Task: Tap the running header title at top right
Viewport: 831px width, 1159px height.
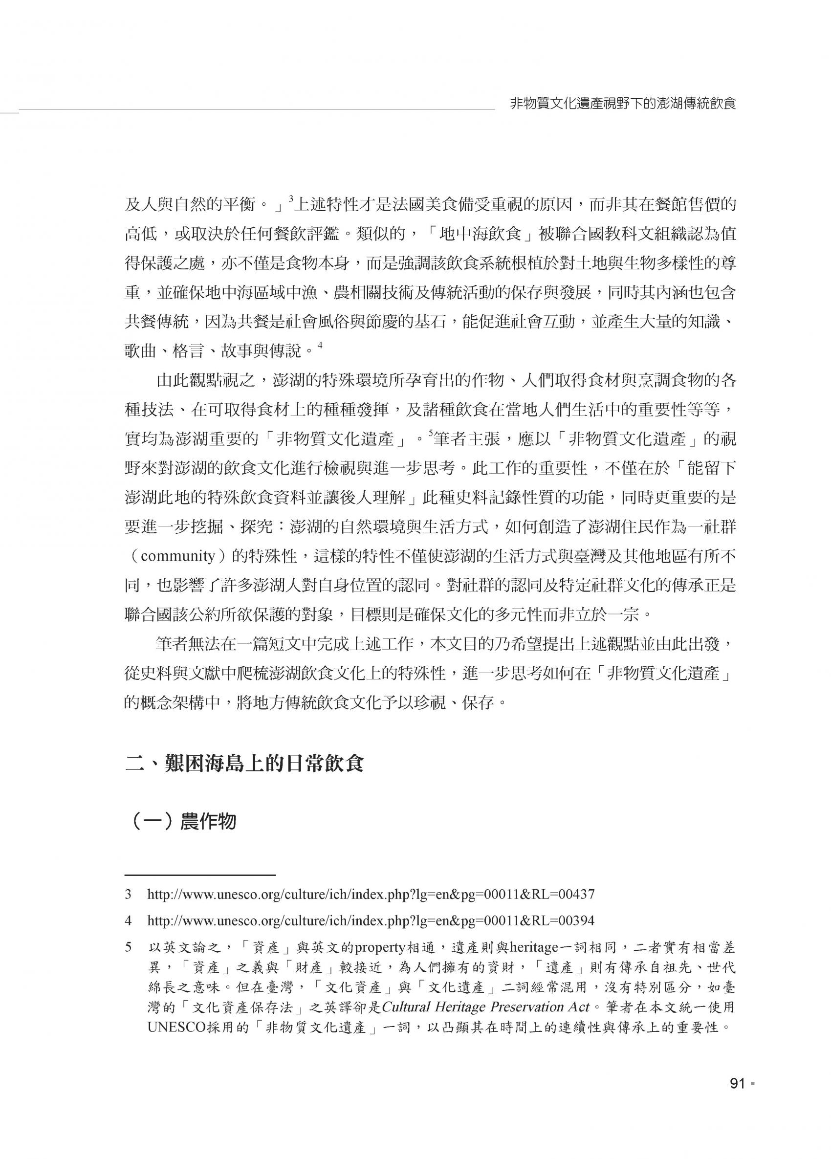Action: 623,104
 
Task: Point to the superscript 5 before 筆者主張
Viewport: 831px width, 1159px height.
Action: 430,434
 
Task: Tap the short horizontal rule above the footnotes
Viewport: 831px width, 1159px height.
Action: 200,875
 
